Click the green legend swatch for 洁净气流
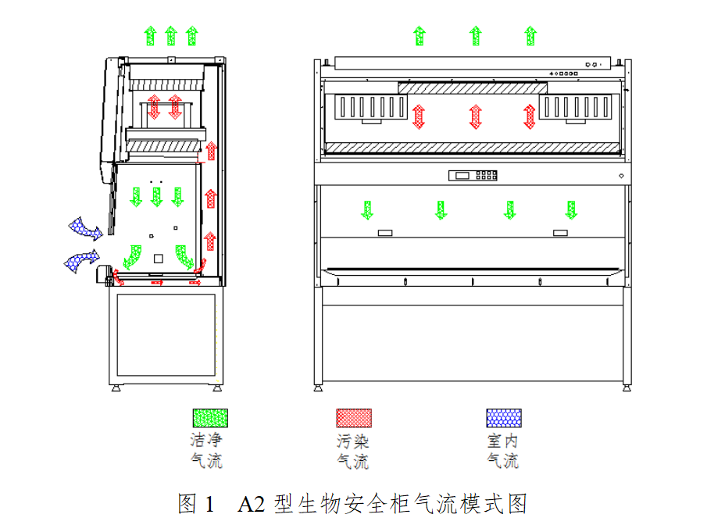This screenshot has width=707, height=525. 210,418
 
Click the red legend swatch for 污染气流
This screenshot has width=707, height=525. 354,418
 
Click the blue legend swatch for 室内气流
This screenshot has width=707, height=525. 504,418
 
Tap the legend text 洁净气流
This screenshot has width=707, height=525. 206,451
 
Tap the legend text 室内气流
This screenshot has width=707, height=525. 503,451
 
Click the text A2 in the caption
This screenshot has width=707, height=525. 251,504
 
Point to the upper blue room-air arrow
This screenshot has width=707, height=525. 86,228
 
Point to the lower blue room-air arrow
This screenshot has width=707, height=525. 81,261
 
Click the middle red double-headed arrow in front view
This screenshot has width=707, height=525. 475,116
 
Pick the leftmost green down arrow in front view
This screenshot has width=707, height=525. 367,210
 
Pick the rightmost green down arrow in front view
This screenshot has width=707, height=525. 571,210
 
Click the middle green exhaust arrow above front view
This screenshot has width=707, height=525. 475,36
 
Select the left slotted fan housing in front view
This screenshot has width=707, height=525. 370,107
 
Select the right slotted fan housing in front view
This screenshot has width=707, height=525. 575,107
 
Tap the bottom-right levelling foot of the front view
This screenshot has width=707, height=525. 627,387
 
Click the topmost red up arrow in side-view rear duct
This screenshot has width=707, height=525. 211,152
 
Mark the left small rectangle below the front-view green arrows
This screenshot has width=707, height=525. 385,233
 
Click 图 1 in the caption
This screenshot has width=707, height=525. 195,504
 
